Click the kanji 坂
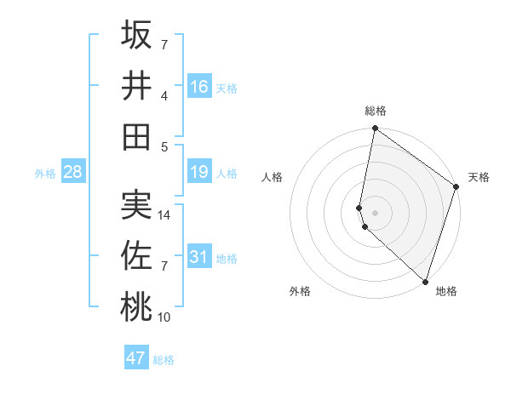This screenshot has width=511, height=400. pyautogui.click(x=136, y=36)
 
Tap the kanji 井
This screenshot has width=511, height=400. pyautogui.click(x=136, y=85)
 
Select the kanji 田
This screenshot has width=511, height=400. pyautogui.click(x=136, y=135)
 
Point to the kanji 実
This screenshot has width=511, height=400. pyautogui.click(x=136, y=204)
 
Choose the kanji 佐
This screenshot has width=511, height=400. pyautogui.click(x=136, y=254)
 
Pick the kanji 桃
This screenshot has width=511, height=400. pyautogui.click(x=136, y=306)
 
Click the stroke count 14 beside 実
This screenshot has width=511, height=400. pyautogui.click(x=165, y=216)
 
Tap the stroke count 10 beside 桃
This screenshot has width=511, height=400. pyautogui.click(x=165, y=317)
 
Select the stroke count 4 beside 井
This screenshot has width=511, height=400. pyautogui.click(x=165, y=96)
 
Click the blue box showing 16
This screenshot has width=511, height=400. pyautogui.click(x=199, y=86)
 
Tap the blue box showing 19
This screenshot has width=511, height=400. pyautogui.click(x=199, y=173)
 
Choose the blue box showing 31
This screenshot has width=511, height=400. pyautogui.click(x=199, y=255)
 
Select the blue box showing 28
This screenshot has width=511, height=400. pyautogui.click(x=73, y=173)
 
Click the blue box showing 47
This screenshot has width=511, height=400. pyautogui.click(x=136, y=358)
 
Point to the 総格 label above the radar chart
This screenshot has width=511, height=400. pyautogui.click(x=376, y=111)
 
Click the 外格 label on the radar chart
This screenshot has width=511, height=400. pyautogui.click(x=300, y=291)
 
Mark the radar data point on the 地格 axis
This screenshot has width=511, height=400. pyautogui.click(x=425, y=281)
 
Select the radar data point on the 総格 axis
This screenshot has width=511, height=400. pyautogui.click(x=375, y=129)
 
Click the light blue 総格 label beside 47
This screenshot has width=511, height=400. pyautogui.click(x=164, y=360)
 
